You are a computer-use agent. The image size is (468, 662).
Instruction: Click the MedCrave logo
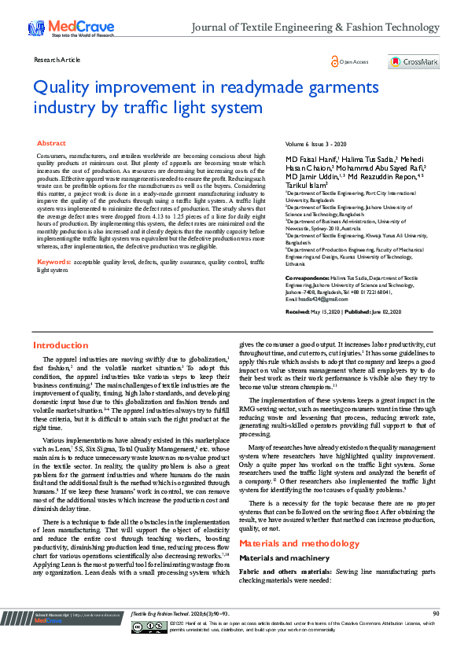(x=62, y=28)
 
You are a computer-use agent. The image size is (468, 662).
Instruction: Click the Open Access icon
(x=335, y=61)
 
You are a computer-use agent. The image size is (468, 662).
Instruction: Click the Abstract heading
(x=51, y=144)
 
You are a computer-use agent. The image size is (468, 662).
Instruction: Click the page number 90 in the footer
(x=436, y=635)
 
